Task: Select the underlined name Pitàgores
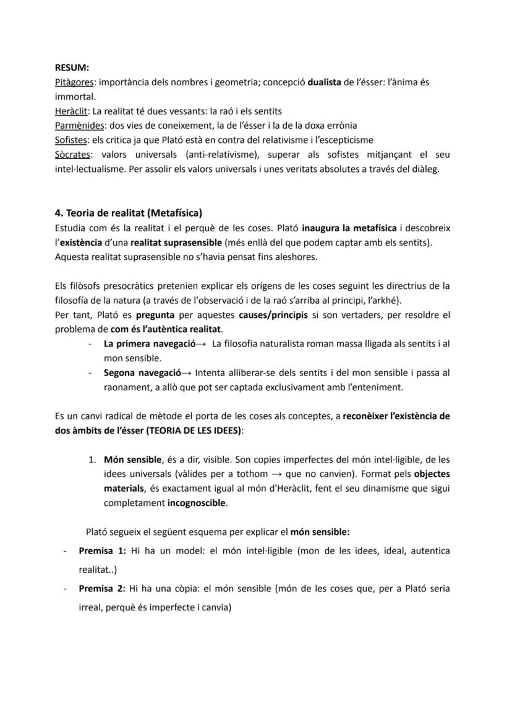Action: pyautogui.click(x=74, y=82)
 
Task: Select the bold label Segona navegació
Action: pyautogui.click(x=142, y=373)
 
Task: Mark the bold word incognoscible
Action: pyautogui.click(x=197, y=503)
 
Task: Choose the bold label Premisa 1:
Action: pyautogui.click(x=103, y=550)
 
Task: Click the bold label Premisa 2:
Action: pyautogui.click(x=103, y=588)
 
